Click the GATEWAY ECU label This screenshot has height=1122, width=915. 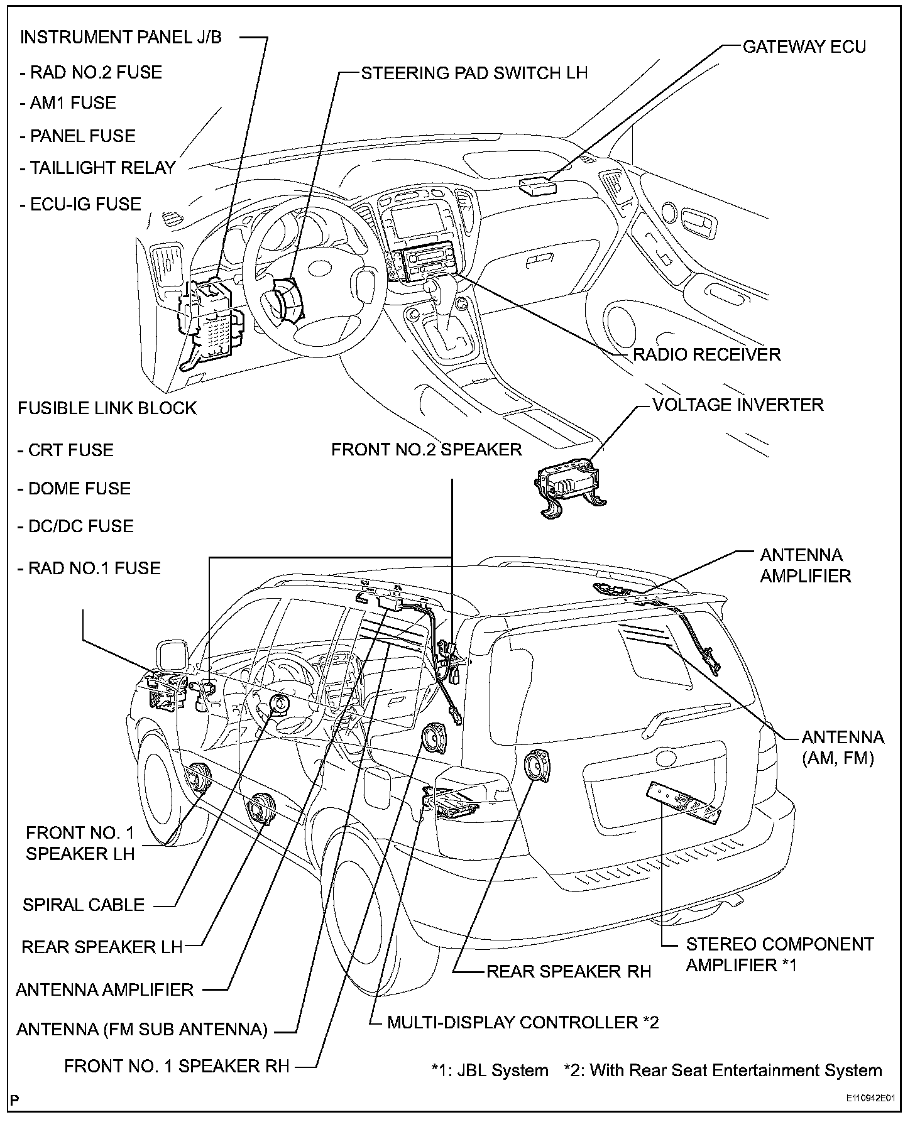[804, 47]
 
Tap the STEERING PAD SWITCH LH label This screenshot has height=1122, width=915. [474, 73]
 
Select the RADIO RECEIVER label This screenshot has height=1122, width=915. [706, 354]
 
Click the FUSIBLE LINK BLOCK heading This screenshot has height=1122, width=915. [107, 408]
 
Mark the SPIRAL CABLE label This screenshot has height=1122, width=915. [84, 905]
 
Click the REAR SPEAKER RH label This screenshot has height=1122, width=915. [569, 971]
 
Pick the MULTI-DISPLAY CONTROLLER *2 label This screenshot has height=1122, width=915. [523, 1022]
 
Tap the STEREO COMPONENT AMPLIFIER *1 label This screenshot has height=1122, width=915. [779, 954]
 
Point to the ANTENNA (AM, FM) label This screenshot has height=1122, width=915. [842, 748]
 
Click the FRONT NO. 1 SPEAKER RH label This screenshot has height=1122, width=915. [177, 1066]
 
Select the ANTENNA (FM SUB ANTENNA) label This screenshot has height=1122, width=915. [142, 1029]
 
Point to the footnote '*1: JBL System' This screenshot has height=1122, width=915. [490, 1070]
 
